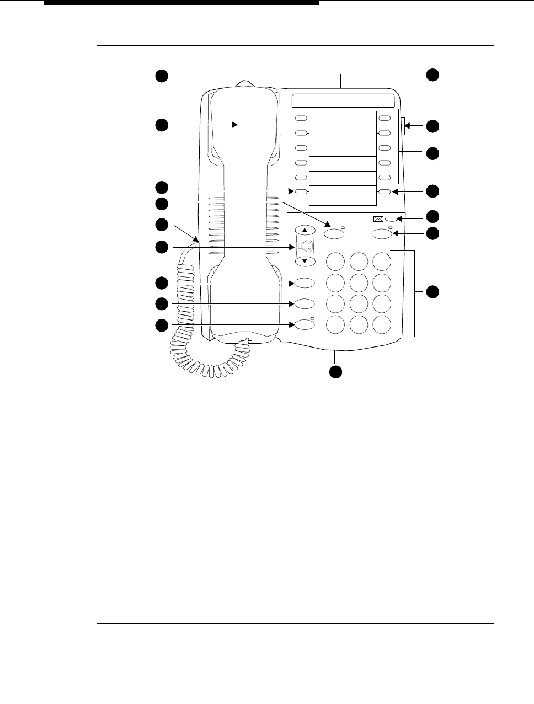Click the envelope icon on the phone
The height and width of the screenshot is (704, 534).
pyautogui.click(x=378, y=218)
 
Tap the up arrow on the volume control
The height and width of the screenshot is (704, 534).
pyautogui.click(x=305, y=229)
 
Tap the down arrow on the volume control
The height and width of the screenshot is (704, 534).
pyautogui.click(x=305, y=261)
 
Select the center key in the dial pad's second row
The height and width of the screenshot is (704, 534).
pyautogui.click(x=359, y=282)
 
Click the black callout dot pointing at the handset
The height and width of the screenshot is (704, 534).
pyautogui.click(x=161, y=126)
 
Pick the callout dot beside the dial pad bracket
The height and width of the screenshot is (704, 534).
pyautogui.click(x=432, y=292)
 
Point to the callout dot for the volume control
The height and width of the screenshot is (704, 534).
pyautogui.click(x=161, y=248)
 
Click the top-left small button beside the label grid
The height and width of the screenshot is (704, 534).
pyautogui.click(x=301, y=119)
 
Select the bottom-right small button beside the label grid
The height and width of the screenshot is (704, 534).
pyautogui.click(x=385, y=192)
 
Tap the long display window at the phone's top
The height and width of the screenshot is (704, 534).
pyautogui.click(x=343, y=100)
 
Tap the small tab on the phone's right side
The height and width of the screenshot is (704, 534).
pyautogui.click(x=404, y=126)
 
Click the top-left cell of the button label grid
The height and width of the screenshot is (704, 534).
pyautogui.click(x=325, y=119)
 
